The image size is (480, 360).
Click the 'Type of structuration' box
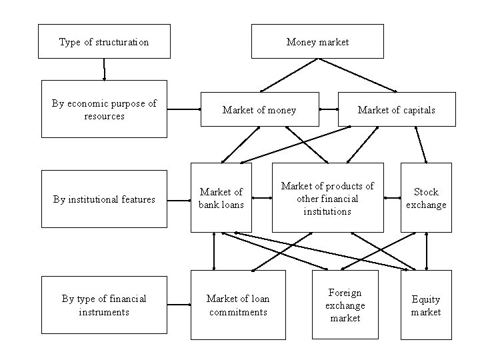point(104,41)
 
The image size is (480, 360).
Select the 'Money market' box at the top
point(317,41)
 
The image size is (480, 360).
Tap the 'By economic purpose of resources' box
point(104,109)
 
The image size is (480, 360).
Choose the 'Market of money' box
point(259,109)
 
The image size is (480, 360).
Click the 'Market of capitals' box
point(397,109)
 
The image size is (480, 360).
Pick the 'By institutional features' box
point(104,199)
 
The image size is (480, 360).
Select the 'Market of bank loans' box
point(212,198)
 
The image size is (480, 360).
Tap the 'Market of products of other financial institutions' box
point(327,198)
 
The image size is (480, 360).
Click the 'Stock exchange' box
point(426,198)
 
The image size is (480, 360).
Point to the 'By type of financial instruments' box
point(104,305)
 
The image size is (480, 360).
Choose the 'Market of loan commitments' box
point(238,305)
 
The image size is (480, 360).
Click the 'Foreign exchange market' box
point(345,305)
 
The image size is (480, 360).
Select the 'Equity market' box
point(426,305)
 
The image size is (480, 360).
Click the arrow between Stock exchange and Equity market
point(427,251)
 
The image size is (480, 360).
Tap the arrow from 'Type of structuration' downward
point(104,69)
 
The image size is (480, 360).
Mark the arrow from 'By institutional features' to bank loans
point(178,199)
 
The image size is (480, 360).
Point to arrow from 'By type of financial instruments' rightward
point(179,305)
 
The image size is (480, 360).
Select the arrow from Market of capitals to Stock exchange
point(421,145)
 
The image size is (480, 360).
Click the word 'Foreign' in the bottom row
point(345,293)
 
